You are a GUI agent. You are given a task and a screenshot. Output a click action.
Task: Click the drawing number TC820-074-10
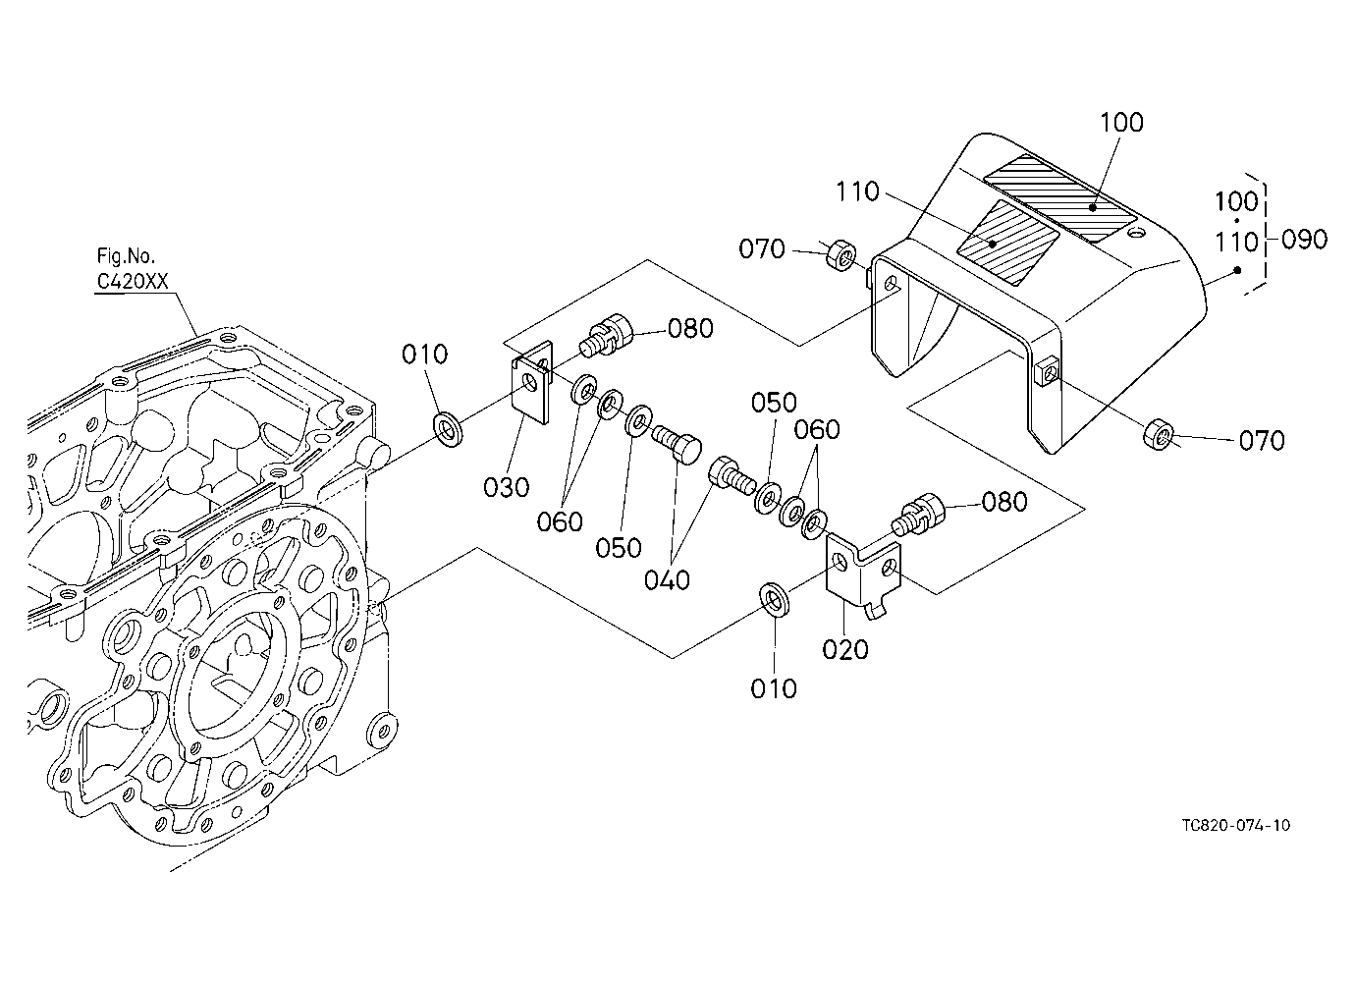pos(1236,825)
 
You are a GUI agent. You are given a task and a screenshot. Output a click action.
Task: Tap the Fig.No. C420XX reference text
pos(132,269)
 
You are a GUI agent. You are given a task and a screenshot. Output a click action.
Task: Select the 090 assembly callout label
pos(1304,240)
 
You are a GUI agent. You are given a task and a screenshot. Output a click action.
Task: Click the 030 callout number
pos(507,486)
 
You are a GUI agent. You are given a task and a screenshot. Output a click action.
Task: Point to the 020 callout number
pos(845,649)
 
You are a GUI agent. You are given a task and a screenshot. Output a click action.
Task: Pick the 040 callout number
pos(667,579)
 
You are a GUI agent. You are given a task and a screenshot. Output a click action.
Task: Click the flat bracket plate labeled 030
pos(532,382)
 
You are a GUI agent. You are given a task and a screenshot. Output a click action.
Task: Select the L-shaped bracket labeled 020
pos(863,575)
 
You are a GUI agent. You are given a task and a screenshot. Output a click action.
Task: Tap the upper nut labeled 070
pos(840,255)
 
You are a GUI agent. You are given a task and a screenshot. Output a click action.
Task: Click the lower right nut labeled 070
pos(1159,433)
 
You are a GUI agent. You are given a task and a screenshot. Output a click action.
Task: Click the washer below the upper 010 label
pos(449,430)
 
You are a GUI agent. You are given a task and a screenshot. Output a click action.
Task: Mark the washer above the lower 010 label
pos(775,600)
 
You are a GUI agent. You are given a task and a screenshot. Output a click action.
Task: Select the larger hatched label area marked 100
pos(1059,197)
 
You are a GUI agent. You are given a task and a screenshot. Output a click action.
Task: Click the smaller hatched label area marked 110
pos(1007,243)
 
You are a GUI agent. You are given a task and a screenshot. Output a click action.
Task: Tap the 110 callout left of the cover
pos(857,191)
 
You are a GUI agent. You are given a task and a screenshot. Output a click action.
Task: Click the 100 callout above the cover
pos(1121,122)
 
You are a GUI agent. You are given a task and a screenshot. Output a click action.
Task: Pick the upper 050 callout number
pos(774,403)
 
